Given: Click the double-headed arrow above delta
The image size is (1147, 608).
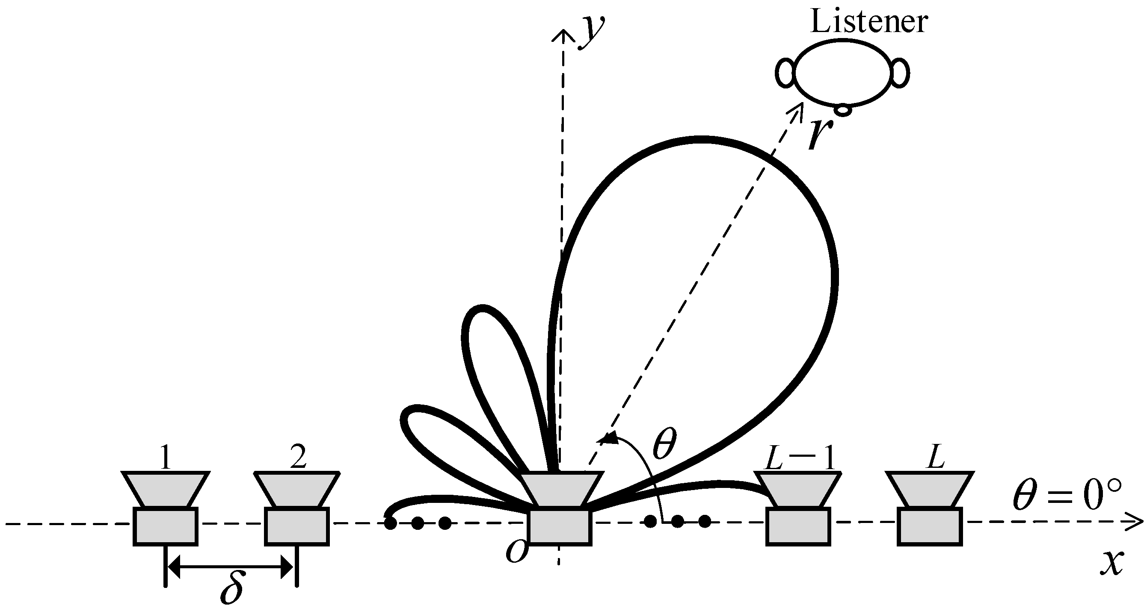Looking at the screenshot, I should point(231,566).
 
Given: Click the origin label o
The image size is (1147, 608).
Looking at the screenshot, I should point(517,551).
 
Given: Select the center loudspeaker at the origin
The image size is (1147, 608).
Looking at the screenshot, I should point(560,511).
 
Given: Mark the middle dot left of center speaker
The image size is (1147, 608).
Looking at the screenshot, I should point(418,523).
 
